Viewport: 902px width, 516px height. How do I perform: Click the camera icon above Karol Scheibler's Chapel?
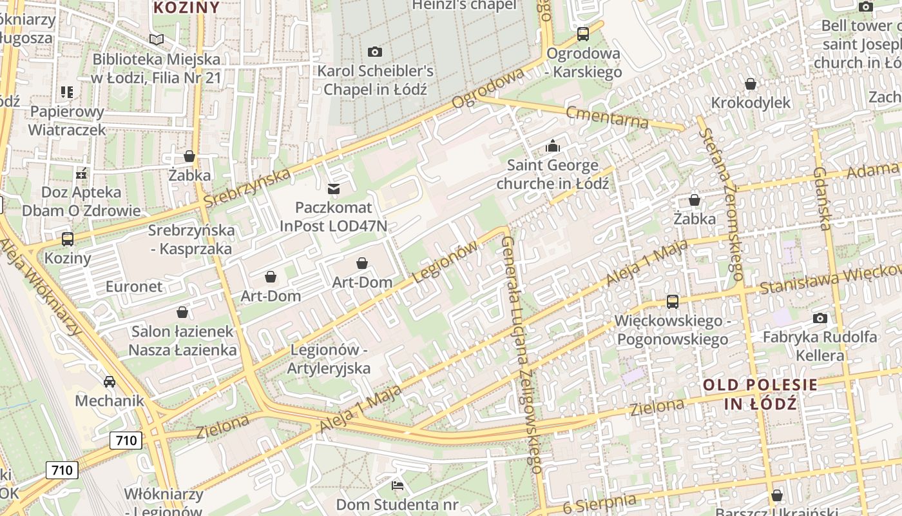click(374, 52)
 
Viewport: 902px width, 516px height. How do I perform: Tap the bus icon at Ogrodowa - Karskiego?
click(583, 34)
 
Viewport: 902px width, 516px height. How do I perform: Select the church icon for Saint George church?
click(552, 146)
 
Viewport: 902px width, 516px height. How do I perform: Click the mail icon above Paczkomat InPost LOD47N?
click(334, 189)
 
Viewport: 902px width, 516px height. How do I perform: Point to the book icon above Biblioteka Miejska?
click(157, 39)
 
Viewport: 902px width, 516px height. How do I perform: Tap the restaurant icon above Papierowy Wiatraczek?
click(67, 92)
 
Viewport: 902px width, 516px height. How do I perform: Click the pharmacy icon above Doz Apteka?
click(81, 174)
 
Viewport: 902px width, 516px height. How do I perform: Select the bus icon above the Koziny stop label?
click(68, 239)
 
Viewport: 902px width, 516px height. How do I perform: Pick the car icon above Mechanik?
click(110, 382)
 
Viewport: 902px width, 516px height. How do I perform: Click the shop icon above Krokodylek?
click(750, 84)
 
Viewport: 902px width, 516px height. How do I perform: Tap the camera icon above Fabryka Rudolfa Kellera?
click(820, 318)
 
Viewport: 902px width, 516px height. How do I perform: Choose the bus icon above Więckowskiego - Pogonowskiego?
click(672, 301)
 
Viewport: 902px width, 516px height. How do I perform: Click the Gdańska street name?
click(821, 198)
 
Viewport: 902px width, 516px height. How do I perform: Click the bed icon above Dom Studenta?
click(398, 484)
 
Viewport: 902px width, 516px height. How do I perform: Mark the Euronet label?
click(134, 286)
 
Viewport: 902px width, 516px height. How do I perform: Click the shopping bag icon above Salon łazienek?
click(182, 313)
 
